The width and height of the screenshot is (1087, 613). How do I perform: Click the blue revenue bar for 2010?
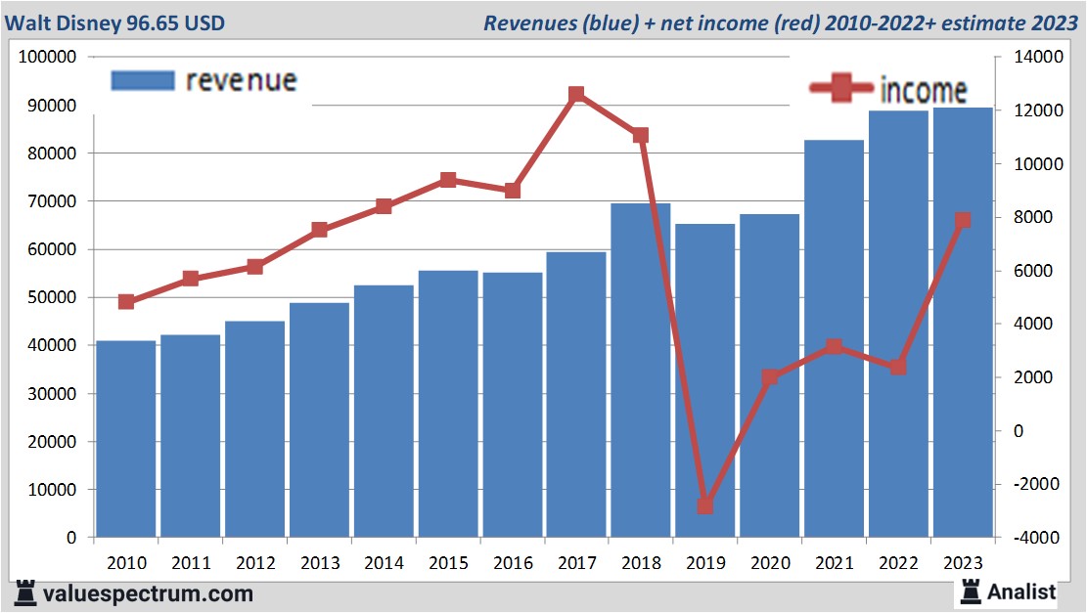click(x=126, y=439)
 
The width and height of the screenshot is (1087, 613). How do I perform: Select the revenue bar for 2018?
click(x=641, y=371)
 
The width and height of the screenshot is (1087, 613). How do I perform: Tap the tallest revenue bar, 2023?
click(x=963, y=323)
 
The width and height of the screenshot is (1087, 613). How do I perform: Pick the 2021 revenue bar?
click(x=834, y=338)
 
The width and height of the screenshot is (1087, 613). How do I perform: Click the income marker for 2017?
click(x=576, y=95)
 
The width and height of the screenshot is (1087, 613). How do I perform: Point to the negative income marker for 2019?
click(x=705, y=505)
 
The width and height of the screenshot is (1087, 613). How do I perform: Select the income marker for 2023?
click(x=963, y=221)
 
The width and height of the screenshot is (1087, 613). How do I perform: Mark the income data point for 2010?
click(x=126, y=302)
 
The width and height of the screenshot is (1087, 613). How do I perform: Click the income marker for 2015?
click(x=448, y=180)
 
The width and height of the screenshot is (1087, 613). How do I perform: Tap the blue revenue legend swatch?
click(x=143, y=80)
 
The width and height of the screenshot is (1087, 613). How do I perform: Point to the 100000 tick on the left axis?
click(x=48, y=58)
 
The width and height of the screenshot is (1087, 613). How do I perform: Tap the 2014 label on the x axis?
click(x=384, y=563)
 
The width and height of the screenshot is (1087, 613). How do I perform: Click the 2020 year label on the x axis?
click(x=770, y=563)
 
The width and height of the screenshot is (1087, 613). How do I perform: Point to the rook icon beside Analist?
click(x=971, y=591)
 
